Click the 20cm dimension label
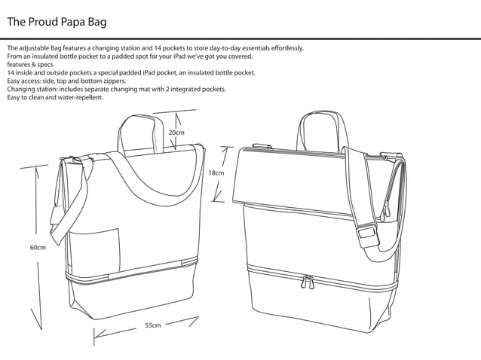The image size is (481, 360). click(177, 133)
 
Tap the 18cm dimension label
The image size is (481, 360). click(216, 172)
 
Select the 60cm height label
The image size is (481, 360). click(38, 247)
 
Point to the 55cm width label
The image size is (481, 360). click(153, 325)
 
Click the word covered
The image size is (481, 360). click(240, 56)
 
